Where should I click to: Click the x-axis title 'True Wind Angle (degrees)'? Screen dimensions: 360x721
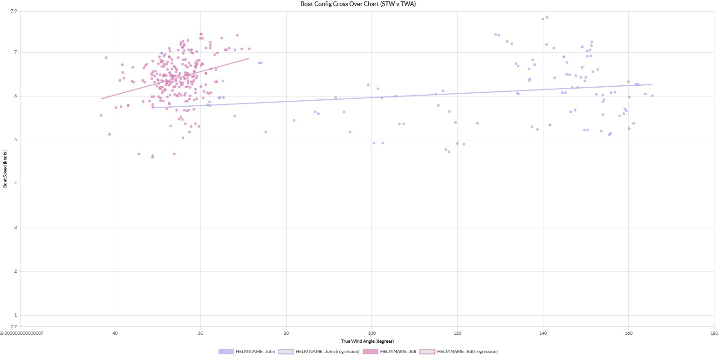(x=367, y=341)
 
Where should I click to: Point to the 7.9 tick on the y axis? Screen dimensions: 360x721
(x=14, y=11)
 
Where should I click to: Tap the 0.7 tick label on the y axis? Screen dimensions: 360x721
(x=14, y=327)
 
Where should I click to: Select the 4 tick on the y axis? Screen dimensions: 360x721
(x=15, y=184)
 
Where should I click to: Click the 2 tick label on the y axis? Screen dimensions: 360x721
(x=15, y=271)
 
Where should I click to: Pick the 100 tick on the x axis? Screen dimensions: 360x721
(x=371, y=333)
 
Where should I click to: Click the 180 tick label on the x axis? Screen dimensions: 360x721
(x=714, y=333)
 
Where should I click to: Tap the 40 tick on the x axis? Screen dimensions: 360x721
(x=115, y=333)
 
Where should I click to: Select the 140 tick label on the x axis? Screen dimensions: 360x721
(x=543, y=333)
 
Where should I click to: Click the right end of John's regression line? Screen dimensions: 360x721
(x=652, y=84)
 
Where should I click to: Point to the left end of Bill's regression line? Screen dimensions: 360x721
(x=102, y=98)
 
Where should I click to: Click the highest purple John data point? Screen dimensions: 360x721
(x=547, y=17)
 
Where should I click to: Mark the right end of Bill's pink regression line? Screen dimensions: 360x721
(x=249, y=58)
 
